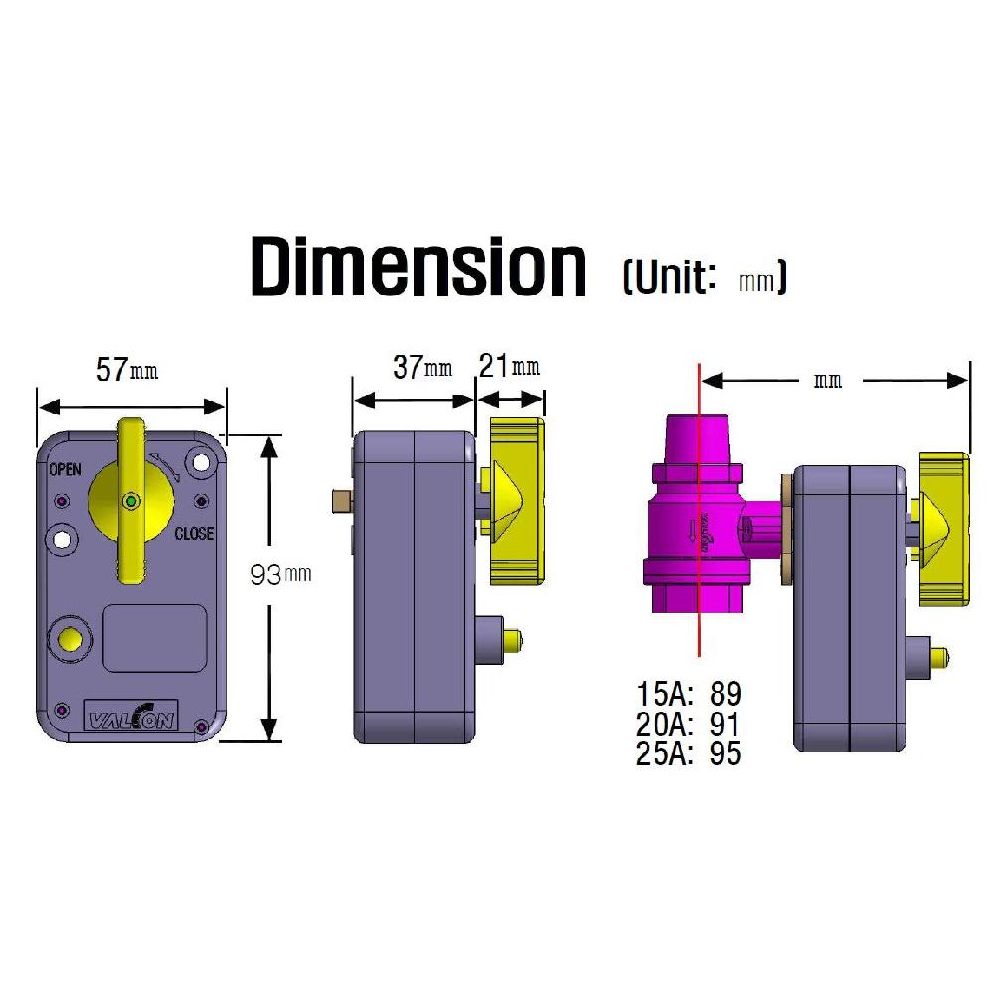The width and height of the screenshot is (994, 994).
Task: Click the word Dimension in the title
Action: point(418,265)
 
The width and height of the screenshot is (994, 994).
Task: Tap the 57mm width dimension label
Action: point(126,370)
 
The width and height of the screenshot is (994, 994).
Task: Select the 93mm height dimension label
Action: point(281,575)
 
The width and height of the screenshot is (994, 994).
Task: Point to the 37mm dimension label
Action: point(421,367)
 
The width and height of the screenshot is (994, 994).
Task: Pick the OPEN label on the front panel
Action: point(65,469)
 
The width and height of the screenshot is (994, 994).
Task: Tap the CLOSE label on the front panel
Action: point(193,534)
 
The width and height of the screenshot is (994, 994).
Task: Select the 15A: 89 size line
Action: point(688,693)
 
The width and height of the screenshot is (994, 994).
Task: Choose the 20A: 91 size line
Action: point(688,723)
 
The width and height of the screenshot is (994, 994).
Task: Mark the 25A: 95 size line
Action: point(688,753)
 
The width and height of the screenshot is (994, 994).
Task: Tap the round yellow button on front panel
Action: point(70,639)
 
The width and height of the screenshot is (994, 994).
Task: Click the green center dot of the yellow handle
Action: point(131,502)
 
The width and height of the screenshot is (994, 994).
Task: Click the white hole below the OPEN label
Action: point(64,538)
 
